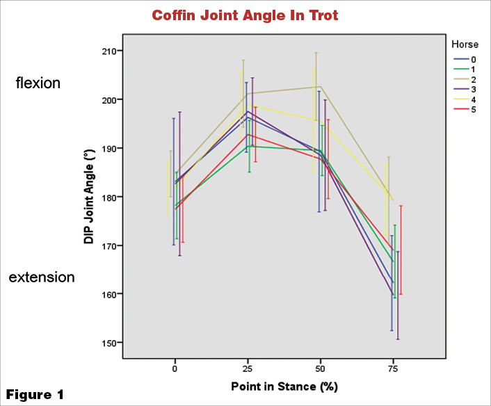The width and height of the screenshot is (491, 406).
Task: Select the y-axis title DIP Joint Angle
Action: click(x=89, y=196)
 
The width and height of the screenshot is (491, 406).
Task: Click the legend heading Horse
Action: click(x=465, y=44)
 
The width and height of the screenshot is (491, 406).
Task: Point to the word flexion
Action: click(x=38, y=83)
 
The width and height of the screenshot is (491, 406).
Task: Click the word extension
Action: click(x=41, y=277)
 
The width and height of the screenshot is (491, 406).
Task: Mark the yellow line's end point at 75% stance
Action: click(x=393, y=201)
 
